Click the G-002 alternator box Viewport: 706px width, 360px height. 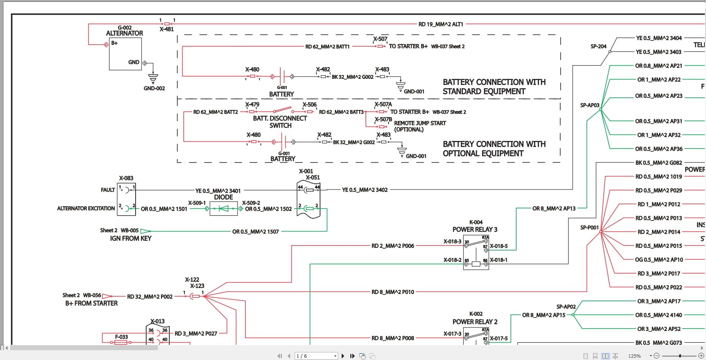click(125, 54)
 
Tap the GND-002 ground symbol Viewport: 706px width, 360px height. click(153, 78)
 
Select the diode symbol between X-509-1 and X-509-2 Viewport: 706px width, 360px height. click(223, 208)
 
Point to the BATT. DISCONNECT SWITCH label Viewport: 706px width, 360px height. click(280, 122)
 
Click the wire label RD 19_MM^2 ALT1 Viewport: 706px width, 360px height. click(440, 24)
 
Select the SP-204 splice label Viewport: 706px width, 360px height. click(598, 46)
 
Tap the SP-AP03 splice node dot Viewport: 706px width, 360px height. click(601, 109)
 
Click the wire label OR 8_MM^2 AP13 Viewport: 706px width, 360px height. click(553, 208)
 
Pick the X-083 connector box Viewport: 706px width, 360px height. click(126, 199)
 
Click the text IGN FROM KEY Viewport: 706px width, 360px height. click(131, 238)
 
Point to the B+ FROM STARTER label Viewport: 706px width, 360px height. click(91, 303)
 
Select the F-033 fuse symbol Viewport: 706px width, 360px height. click(121, 342)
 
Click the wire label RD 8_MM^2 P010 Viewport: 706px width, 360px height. click(392, 292)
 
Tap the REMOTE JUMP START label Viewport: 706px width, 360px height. click(420, 123)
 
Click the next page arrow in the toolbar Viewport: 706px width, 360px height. click(343, 356)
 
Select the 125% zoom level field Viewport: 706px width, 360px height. click(634, 356)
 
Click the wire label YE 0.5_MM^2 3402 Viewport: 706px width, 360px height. click(364, 190)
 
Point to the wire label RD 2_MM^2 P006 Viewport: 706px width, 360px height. click(392, 246)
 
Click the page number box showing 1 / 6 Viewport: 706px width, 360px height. click(316, 356)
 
